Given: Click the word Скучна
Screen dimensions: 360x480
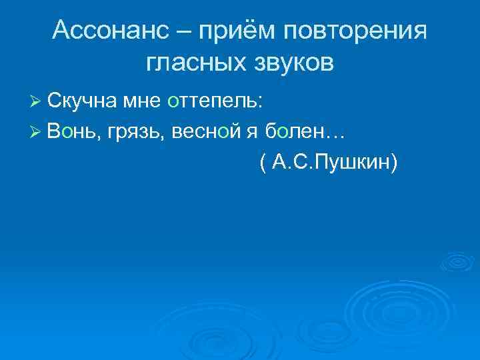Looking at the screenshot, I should [85, 101].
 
